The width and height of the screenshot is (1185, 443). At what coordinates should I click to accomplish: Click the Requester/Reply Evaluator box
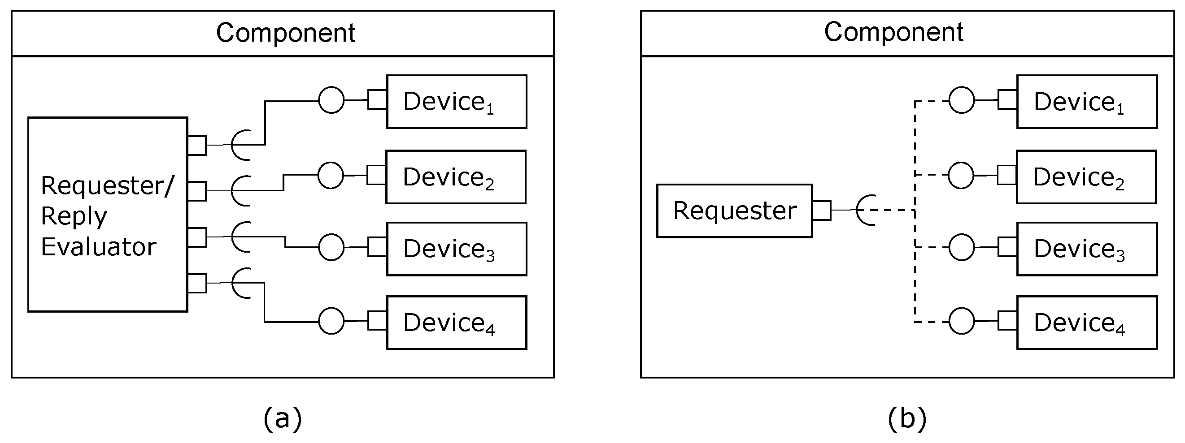pyautogui.click(x=107, y=215)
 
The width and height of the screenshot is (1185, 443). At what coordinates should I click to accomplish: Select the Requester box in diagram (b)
pyautogui.click(x=734, y=211)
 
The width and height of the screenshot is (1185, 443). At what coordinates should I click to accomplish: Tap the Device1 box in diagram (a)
pyautogui.click(x=456, y=102)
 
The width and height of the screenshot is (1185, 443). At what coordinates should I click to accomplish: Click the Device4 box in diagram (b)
pyautogui.click(x=1087, y=323)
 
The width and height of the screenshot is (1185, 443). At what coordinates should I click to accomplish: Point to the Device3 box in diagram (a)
pyautogui.click(x=456, y=249)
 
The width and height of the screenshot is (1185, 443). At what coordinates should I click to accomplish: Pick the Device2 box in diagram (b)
pyautogui.click(x=1085, y=177)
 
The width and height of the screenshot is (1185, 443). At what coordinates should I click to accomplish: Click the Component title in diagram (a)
pyautogui.click(x=285, y=33)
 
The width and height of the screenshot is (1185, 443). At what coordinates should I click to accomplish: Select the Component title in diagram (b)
pyautogui.click(x=893, y=32)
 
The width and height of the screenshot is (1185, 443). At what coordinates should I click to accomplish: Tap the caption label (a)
pyautogui.click(x=283, y=418)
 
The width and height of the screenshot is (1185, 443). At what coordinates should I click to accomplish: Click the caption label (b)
pyautogui.click(x=906, y=418)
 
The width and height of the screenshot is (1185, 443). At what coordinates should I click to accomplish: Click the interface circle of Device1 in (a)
pyautogui.click(x=331, y=100)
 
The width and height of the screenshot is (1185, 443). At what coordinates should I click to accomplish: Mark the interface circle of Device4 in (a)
pyautogui.click(x=331, y=321)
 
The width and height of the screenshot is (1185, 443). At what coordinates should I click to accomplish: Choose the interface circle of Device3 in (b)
pyautogui.click(x=962, y=247)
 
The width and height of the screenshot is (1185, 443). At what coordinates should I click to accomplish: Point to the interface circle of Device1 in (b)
pyautogui.click(x=962, y=100)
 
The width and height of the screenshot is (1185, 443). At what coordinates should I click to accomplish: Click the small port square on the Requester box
pyautogui.click(x=822, y=211)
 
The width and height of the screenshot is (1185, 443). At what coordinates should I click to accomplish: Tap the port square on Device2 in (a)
pyautogui.click(x=376, y=175)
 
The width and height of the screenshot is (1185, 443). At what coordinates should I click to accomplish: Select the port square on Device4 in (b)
pyautogui.click(x=1007, y=321)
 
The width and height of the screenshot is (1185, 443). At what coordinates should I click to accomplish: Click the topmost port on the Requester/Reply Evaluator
pyautogui.click(x=197, y=145)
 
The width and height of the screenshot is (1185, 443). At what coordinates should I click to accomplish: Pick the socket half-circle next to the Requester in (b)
pyautogui.click(x=865, y=210)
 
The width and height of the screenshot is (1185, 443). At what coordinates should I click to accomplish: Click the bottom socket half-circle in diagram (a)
pyautogui.click(x=240, y=283)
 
